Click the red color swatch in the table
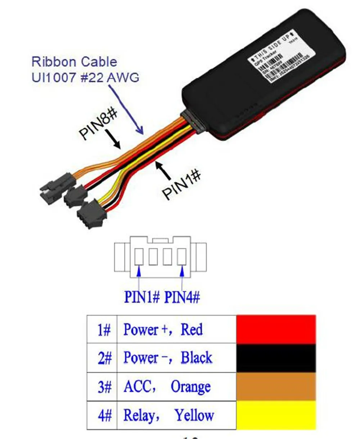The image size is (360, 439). click(x=276, y=329)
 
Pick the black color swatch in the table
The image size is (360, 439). click(x=276, y=358)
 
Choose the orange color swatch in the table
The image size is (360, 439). click(x=276, y=386)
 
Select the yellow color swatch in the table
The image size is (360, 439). click(x=276, y=415)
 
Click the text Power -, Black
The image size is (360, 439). click(x=168, y=358)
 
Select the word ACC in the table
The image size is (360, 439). click(x=138, y=387)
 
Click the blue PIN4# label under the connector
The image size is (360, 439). click(x=182, y=297)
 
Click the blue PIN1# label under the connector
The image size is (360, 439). click(x=141, y=297)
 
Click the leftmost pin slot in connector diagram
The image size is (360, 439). click(x=139, y=257)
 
